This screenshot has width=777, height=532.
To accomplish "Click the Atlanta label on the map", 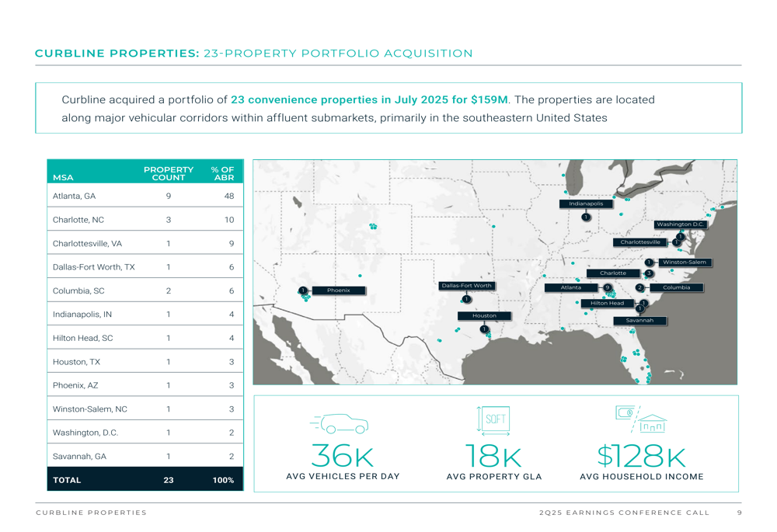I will [x=571, y=287].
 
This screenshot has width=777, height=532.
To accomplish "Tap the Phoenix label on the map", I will [x=338, y=290].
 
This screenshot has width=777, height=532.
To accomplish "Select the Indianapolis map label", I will [x=586, y=203].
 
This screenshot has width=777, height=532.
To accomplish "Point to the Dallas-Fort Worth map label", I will [x=466, y=286].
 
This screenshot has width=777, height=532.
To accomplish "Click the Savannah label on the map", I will [x=639, y=320].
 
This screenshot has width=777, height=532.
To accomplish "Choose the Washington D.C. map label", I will [x=680, y=224].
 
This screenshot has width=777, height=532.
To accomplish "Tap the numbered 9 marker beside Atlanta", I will [x=608, y=287].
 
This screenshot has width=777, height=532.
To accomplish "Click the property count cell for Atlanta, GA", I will [x=169, y=196].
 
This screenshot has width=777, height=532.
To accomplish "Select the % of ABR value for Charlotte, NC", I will [x=228, y=220].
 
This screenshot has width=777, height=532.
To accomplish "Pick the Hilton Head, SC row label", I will [x=83, y=338].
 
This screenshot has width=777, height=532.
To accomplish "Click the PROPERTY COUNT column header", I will [x=169, y=173].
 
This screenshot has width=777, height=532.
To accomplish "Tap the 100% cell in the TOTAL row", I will [x=223, y=480].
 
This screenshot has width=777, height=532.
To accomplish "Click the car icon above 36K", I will [x=342, y=423].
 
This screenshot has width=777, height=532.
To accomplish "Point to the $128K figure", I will [x=641, y=456].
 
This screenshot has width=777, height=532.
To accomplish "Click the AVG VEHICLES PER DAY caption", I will [x=343, y=477].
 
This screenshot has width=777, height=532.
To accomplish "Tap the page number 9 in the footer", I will [x=739, y=513].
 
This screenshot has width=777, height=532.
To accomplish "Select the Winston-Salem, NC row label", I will [x=90, y=409].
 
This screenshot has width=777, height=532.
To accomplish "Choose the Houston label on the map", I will [x=484, y=315].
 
